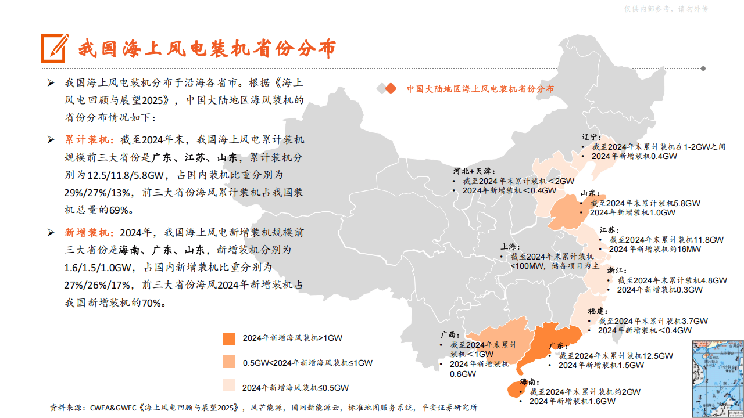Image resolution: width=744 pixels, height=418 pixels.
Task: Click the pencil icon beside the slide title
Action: pyautogui.click(x=55, y=48)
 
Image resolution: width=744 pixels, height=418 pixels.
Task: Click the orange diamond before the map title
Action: pyautogui.click(x=391, y=89)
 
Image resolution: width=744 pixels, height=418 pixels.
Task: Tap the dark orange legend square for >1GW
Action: pyautogui.click(x=229, y=338)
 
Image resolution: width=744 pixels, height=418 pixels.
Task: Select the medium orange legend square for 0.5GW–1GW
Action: pyautogui.click(x=229, y=362)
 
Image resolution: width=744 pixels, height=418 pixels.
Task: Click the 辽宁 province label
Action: pyautogui.click(x=591, y=138)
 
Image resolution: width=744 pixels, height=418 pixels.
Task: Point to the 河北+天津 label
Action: pyautogui.click(x=474, y=171)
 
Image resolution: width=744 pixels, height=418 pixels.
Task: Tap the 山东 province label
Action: pyautogui.click(x=589, y=193)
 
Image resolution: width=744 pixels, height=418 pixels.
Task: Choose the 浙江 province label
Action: pyautogui.click(x=616, y=271)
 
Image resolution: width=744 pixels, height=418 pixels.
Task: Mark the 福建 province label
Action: pyautogui.click(x=598, y=311)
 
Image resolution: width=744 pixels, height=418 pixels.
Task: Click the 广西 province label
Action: pyautogui.click(x=449, y=335)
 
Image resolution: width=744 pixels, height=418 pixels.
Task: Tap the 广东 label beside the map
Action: pyautogui.click(x=559, y=346)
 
